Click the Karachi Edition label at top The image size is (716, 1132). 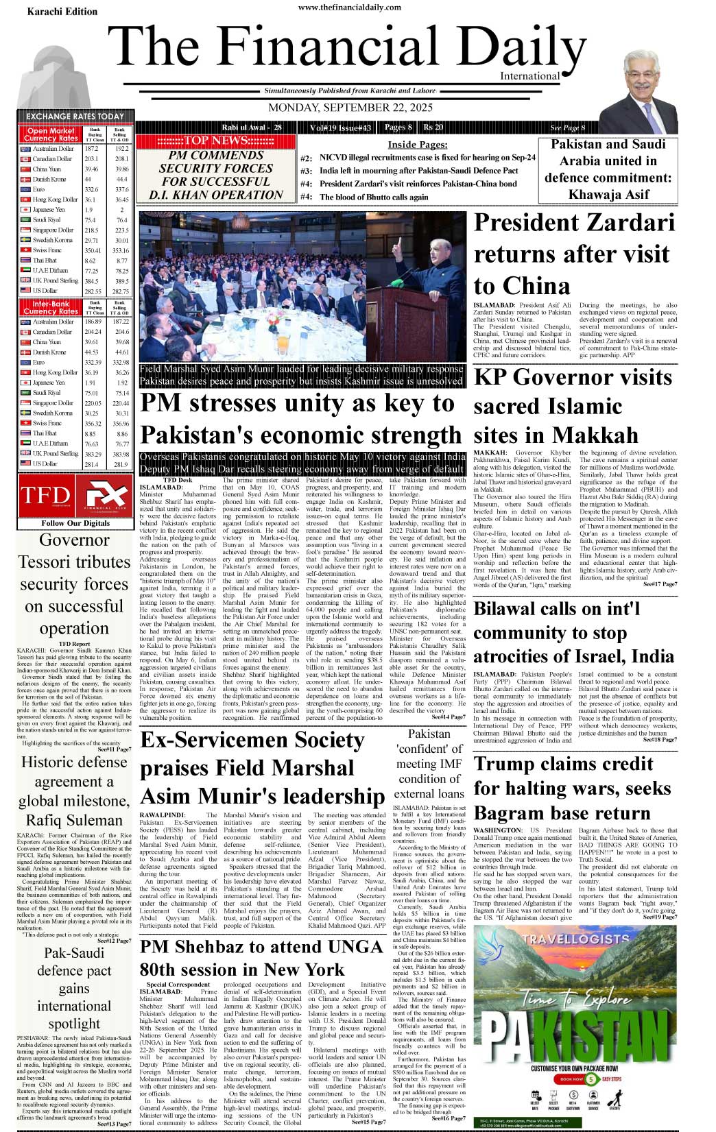pyautogui.click(x=62, y=12)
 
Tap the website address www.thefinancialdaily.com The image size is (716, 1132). pyautogui.click(x=350, y=8)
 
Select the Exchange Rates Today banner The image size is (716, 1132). pyautogui.click(x=75, y=117)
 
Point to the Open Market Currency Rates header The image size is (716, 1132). pyautogui.click(x=51, y=134)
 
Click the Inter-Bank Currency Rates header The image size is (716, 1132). pyautogui.click(x=51, y=307)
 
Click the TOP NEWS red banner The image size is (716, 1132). pyautogui.click(x=216, y=141)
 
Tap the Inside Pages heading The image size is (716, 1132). pyautogui.click(x=417, y=145)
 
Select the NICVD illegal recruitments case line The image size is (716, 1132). pyautogui.click(x=427, y=158)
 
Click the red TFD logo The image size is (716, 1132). pyautogui.click(x=45, y=496)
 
